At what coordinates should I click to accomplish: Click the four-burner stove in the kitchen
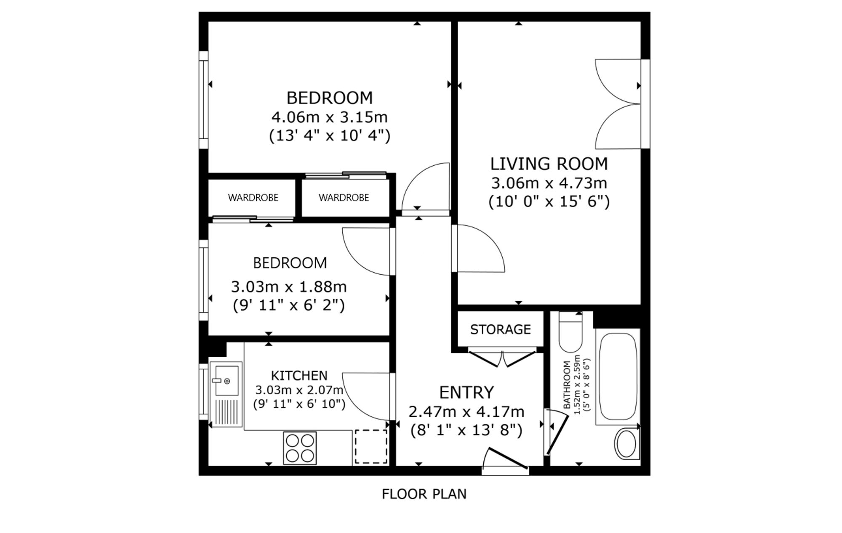300,448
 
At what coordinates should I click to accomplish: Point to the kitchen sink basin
226,380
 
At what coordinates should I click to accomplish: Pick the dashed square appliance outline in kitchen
371,446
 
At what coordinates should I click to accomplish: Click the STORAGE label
500,329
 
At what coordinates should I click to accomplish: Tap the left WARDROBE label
253,198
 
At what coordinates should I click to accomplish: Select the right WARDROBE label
344,198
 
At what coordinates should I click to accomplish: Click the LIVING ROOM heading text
549,164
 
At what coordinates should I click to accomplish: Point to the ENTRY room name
466,392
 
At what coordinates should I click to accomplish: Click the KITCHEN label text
299,375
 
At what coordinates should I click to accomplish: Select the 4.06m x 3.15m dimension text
329,117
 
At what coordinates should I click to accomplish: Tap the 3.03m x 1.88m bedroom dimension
289,287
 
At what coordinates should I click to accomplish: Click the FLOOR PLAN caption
424,494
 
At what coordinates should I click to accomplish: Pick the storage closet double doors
502,358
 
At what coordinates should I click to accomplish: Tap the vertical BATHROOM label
567,385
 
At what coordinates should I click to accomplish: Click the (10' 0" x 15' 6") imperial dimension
549,202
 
